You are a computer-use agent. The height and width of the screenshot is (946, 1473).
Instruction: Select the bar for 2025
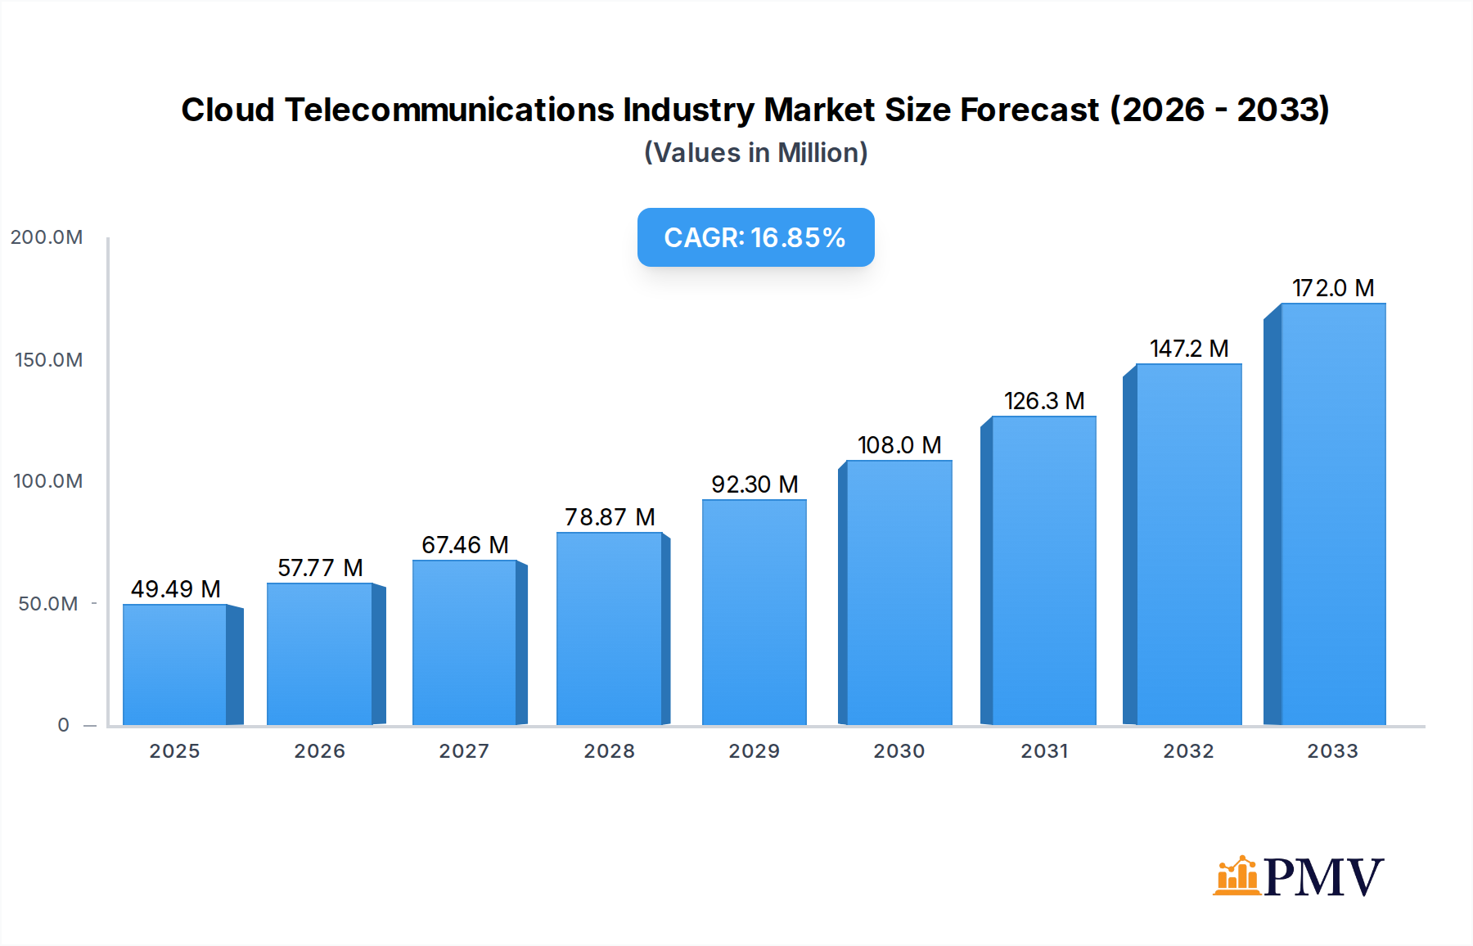click(175, 664)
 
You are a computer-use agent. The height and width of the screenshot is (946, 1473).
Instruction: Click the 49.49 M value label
click(176, 589)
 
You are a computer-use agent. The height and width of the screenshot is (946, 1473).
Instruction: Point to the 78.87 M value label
click(610, 517)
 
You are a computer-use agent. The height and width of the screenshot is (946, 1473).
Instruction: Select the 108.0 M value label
click(899, 445)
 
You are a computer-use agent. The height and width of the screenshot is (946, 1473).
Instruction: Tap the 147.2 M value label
click(1189, 349)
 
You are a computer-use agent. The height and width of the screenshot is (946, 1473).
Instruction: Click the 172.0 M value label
click(1333, 288)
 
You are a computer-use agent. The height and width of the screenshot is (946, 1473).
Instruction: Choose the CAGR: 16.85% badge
click(755, 237)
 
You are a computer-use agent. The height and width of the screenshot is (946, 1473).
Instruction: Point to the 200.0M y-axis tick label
click(47, 237)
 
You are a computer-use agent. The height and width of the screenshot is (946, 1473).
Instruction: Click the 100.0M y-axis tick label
click(48, 481)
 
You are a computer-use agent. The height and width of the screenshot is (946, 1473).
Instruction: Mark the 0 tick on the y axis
click(63, 725)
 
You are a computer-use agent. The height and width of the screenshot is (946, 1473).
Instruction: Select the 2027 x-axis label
click(464, 751)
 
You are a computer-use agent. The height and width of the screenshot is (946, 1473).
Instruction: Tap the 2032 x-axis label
click(1188, 751)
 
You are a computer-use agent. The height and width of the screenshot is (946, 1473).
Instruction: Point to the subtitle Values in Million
click(755, 153)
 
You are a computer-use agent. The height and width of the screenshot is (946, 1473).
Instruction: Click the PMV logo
click(1298, 876)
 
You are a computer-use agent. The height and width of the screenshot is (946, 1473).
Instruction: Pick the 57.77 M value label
click(320, 568)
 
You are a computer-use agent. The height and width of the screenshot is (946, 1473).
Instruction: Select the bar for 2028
click(609, 628)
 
